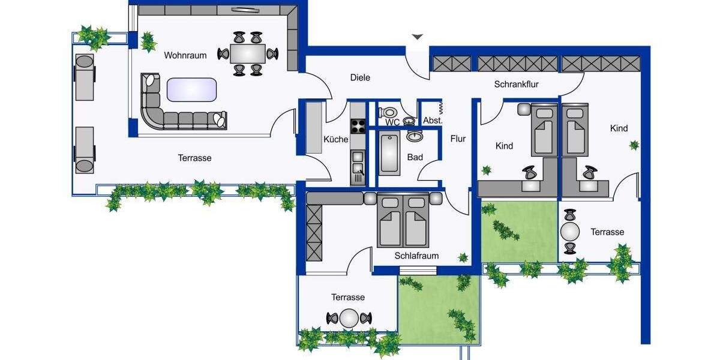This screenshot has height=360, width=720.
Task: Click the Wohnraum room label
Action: pyautogui.click(x=185, y=55)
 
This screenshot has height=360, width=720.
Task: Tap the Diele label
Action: pyautogui.click(x=360, y=77)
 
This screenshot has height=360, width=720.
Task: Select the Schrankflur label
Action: pyautogui.click(x=516, y=85)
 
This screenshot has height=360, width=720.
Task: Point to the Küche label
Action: pyautogui.click(x=335, y=139)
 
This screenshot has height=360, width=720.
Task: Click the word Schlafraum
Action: pyautogui.click(x=416, y=256)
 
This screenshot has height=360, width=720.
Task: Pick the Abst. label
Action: pyautogui.click(x=433, y=121)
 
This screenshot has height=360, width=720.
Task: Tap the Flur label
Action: pyautogui.click(x=458, y=139)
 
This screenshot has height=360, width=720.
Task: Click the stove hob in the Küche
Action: pyautogui.click(x=358, y=127)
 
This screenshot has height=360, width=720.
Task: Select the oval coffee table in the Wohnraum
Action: pyautogui.click(x=191, y=90)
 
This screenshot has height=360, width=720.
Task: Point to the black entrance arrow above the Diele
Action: pyautogui.click(x=417, y=37)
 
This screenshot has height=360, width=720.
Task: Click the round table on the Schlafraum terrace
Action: pyautogui.click(x=349, y=318)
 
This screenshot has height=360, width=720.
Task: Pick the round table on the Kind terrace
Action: pyautogui.click(x=570, y=232)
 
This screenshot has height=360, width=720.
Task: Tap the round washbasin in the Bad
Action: pyautogui.click(x=415, y=136)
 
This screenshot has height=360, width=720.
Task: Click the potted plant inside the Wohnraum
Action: pyautogui.click(x=147, y=42)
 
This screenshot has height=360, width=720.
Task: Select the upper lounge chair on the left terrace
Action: pyautogui.click(x=84, y=77)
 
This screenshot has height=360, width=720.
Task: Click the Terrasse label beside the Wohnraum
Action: pyautogui.click(x=194, y=158)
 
